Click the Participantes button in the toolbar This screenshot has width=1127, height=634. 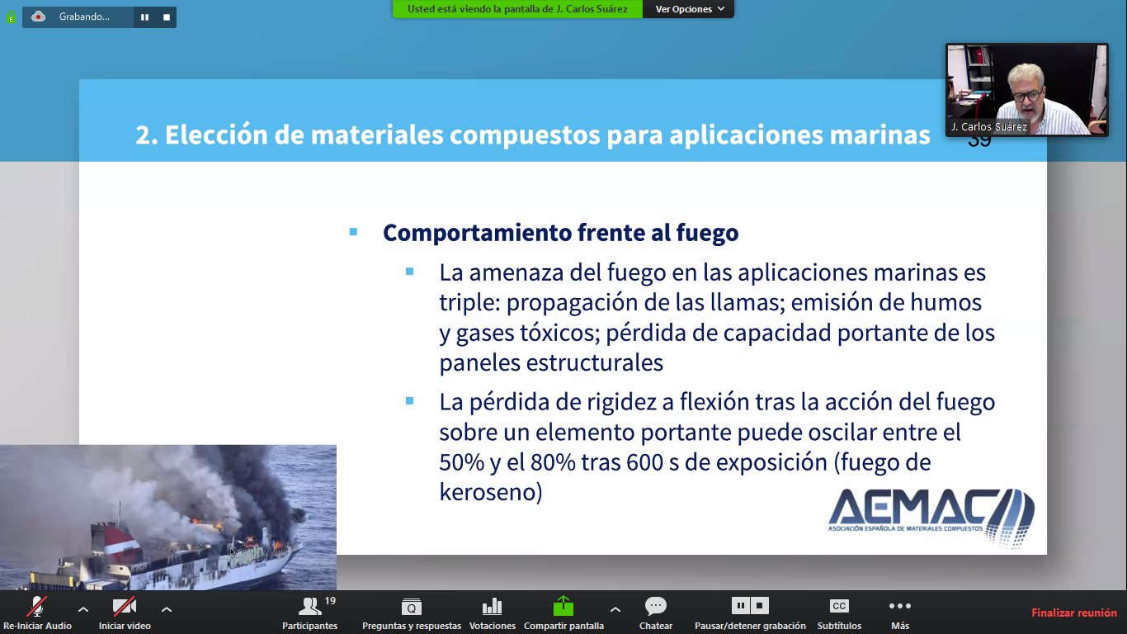click(x=309, y=613)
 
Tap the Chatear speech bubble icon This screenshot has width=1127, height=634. click(x=656, y=606)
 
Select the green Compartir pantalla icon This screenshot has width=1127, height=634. click(x=563, y=606)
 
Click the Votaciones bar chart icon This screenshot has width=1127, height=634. click(x=492, y=606)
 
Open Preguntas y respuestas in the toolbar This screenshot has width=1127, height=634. click(x=412, y=613)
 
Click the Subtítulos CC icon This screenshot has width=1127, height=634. click(x=839, y=606)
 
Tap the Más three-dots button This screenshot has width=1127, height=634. click(x=899, y=606)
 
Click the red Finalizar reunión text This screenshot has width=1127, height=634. click(x=1073, y=613)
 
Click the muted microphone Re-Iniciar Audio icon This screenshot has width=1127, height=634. click(x=37, y=606)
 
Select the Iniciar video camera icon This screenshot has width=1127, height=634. click(x=125, y=606)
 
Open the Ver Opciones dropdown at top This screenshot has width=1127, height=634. click(x=689, y=9)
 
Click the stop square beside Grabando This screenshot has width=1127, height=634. click(x=167, y=17)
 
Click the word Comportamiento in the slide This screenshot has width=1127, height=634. click(x=477, y=233)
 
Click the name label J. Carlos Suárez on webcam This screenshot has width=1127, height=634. click(x=988, y=127)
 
